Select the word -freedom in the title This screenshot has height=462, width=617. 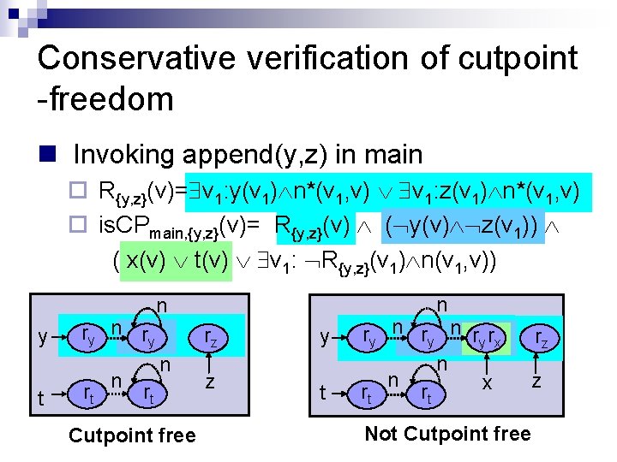pyautogui.click(x=105, y=99)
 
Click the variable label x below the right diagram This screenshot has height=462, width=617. pyautogui.click(x=487, y=383)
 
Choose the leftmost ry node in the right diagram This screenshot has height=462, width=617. pyautogui.click(x=370, y=338)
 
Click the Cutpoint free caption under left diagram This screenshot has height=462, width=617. pyautogui.click(x=132, y=435)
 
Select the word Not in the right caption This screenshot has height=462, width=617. pyautogui.click(x=382, y=434)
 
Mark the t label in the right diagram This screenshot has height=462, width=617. pyautogui.click(x=323, y=394)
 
